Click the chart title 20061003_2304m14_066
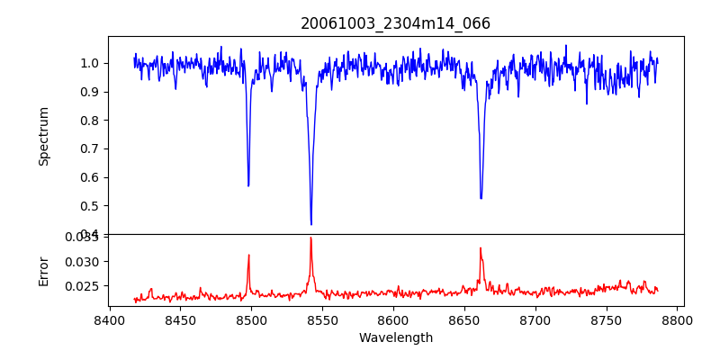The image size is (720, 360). [x=395, y=23]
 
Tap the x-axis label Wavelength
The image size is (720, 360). [x=395, y=338]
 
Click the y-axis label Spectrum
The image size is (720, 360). [x=43, y=136]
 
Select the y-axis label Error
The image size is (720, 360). [x=43, y=270]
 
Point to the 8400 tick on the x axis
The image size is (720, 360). [x=109, y=319]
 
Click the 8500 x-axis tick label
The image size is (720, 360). [x=251, y=319]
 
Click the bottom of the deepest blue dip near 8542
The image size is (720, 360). [x=311, y=224]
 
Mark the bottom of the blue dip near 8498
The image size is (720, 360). [x=248, y=185]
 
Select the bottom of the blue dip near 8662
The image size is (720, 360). [x=481, y=198]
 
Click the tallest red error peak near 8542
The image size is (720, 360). [x=310, y=238]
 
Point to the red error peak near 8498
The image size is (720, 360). [x=248, y=256]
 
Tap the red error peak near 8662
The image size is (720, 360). [x=481, y=248]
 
